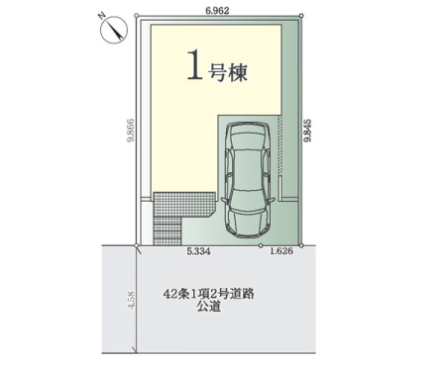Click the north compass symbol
(x=113, y=29)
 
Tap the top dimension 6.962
(x=217, y=11)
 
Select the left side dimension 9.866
(x=131, y=130)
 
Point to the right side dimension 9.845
(x=307, y=131)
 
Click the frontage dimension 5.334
(x=198, y=251)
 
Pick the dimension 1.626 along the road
(x=281, y=251)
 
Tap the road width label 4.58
(x=131, y=300)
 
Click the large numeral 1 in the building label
(x=195, y=65)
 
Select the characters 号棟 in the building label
(x=228, y=71)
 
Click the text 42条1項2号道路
(x=209, y=294)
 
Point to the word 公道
(x=209, y=308)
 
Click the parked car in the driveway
(x=248, y=179)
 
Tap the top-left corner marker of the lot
(x=136, y=15)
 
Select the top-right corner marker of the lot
(x=301, y=15)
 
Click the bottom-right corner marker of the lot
(x=301, y=245)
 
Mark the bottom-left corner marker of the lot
(x=137, y=245)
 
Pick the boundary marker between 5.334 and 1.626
(x=261, y=245)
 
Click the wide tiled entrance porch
(x=184, y=205)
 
